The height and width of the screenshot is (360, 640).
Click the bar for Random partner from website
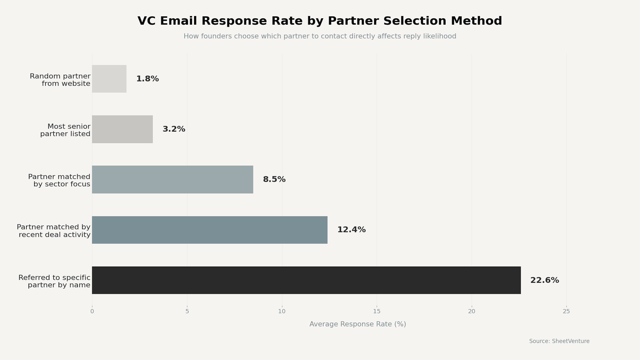click(x=109, y=79)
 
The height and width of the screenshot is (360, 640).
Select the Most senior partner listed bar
click(x=122, y=129)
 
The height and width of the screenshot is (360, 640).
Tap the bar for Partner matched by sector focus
click(x=173, y=180)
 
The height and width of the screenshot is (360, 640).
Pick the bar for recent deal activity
click(x=210, y=230)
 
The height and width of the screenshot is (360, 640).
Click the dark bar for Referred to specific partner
click(x=306, y=280)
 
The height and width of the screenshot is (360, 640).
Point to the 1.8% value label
click(x=147, y=79)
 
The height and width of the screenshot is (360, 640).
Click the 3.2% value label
click(x=174, y=129)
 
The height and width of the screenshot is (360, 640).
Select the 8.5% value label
click(x=274, y=180)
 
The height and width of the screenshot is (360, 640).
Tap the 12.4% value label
click(x=351, y=230)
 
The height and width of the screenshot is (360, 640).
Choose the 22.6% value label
click(x=544, y=280)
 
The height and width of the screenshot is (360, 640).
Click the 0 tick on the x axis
click(x=92, y=311)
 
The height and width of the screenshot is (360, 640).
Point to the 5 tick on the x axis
click(x=187, y=311)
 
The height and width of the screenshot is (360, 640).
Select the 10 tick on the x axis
click(x=282, y=311)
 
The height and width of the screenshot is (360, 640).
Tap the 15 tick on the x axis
click(x=377, y=311)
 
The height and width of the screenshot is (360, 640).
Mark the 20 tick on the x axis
click(x=471, y=311)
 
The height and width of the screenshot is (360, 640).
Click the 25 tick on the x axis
click(x=566, y=311)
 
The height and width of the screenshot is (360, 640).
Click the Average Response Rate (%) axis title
click(x=357, y=324)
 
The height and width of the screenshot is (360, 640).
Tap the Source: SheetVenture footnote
click(x=559, y=341)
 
